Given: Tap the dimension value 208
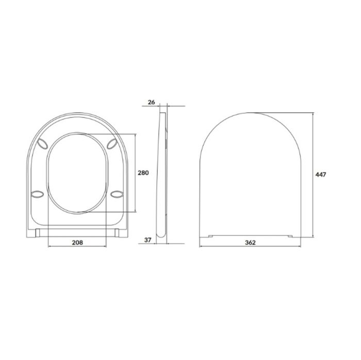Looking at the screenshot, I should [76, 242].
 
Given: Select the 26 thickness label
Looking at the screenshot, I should [151, 102].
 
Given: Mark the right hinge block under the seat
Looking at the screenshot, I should [119, 232].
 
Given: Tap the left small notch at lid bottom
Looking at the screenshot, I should [210, 236].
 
